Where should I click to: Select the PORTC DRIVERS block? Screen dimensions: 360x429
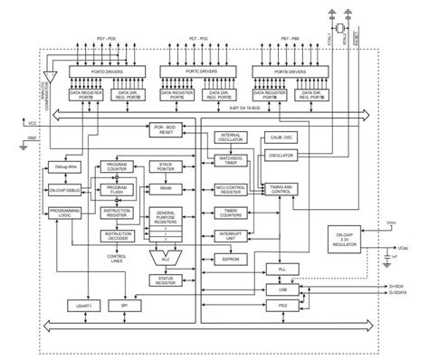click(x=191, y=70)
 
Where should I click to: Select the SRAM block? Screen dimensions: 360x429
click(x=166, y=186)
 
